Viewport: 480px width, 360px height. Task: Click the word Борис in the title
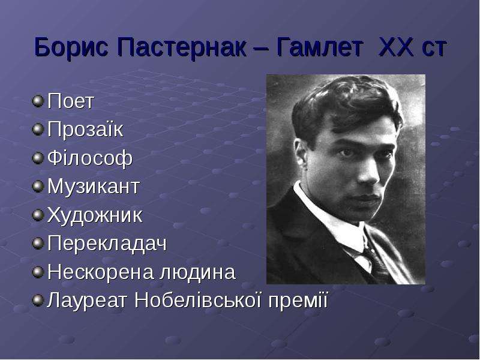[71, 47]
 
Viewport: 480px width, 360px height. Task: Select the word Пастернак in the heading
[182, 47]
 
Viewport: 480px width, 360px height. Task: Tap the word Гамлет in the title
[320, 47]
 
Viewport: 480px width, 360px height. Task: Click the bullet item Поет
[70, 101]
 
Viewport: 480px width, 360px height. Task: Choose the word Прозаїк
[85, 129]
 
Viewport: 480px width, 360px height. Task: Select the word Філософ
[90, 158]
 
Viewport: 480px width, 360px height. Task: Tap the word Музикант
[94, 186]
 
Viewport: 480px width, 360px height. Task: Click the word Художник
[95, 215]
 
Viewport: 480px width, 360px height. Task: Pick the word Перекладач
[107, 244]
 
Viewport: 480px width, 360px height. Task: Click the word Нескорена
[100, 272]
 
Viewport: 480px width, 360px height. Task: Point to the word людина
[197, 272]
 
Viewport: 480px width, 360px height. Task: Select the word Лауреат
[86, 301]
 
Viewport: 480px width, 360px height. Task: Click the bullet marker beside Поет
[38, 101]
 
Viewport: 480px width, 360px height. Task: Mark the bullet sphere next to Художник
[38, 215]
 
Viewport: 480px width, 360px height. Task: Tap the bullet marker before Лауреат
[38, 301]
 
